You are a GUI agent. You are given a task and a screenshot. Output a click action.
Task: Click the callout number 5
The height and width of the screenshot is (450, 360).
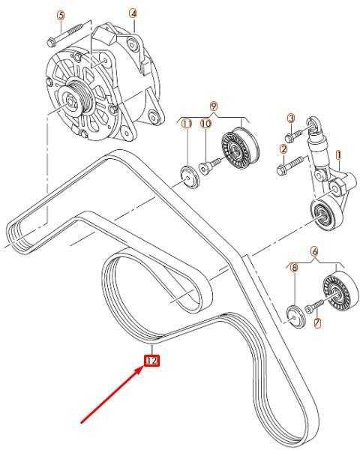[61, 15]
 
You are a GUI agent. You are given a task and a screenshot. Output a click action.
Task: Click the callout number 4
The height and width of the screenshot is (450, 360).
[133, 13]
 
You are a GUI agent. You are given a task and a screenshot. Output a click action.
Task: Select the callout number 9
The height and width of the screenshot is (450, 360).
[214, 106]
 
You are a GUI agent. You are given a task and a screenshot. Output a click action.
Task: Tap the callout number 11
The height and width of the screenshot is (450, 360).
[187, 124]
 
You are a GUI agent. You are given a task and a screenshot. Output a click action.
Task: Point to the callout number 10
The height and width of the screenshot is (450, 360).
[205, 124]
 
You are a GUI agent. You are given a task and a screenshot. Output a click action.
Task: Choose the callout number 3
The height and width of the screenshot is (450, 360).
[291, 118]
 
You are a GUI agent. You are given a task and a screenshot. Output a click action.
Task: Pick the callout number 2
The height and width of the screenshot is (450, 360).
[283, 149]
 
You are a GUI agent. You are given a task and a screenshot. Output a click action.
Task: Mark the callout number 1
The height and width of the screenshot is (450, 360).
[339, 156]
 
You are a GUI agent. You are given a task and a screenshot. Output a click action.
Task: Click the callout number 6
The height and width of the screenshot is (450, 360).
[315, 252]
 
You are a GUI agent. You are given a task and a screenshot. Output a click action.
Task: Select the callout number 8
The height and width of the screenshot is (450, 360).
[294, 268]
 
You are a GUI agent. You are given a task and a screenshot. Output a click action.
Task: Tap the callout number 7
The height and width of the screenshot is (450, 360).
[317, 323]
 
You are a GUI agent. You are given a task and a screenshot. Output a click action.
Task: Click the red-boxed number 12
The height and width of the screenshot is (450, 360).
[151, 361]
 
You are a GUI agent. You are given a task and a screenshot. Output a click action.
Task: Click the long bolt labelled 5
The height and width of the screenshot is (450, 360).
[64, 35]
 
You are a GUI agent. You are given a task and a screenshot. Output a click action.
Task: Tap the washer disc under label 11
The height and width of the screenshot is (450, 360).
[189, 177]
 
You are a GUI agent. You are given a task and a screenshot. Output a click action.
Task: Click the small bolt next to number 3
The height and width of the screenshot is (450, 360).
[293, 136]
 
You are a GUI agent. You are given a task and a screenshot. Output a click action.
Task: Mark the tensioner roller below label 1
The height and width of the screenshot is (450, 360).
[327, 214]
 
